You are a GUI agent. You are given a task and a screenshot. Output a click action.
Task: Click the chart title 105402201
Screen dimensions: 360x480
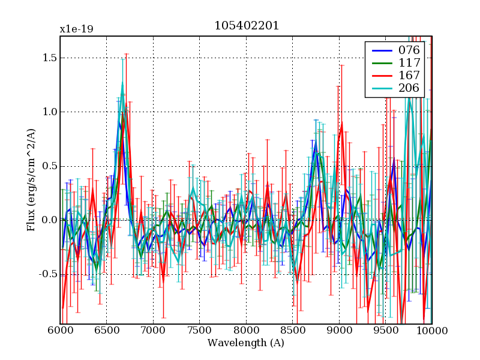(246, 26)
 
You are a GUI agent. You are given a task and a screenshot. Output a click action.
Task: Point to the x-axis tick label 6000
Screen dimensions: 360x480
(60, 331)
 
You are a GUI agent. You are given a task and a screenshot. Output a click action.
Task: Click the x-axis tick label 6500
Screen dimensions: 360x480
(106, 331)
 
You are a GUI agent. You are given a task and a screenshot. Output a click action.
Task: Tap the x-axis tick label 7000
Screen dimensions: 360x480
(153, 331)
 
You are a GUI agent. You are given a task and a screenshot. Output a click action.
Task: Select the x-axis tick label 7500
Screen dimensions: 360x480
(199, 331)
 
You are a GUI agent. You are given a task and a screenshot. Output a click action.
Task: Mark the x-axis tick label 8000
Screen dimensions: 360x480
(246, 331)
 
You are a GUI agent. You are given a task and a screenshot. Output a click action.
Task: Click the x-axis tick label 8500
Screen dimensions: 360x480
(292, 331)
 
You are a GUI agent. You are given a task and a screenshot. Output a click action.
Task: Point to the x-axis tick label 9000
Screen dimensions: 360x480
(339, 331)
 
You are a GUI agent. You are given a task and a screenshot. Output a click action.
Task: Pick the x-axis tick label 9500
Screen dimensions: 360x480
(385, 331)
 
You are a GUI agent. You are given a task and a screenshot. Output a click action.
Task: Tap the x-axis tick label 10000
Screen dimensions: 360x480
(431, 331)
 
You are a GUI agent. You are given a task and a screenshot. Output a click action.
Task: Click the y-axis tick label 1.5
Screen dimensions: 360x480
(48, 58)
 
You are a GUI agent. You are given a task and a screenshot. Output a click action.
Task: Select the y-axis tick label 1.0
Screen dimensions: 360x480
(48, 112)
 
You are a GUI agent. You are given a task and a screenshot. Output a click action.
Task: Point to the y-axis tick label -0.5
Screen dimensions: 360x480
(46, 274)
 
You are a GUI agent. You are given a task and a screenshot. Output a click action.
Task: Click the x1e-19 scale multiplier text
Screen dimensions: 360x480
(76, 29)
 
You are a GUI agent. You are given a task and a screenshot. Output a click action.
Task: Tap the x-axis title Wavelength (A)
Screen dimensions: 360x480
(246, 343)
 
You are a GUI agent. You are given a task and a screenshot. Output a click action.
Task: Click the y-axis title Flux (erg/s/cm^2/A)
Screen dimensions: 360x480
(31, 180)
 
